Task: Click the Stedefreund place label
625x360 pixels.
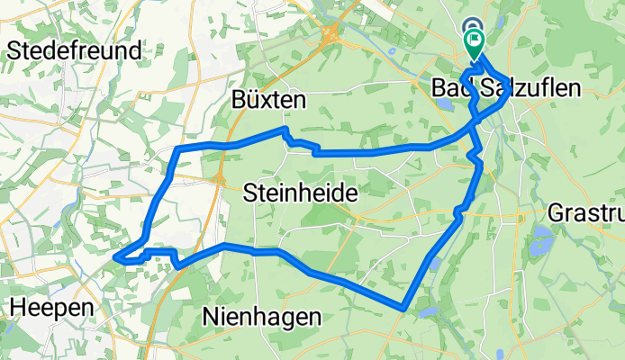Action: pos(74,50)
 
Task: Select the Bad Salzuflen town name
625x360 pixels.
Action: pos(506,87)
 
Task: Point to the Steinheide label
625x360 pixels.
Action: pos(301,193)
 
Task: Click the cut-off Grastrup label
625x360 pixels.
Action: pos(585,214)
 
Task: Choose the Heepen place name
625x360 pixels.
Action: pos(51,308)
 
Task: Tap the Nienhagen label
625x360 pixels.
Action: pos(262,316)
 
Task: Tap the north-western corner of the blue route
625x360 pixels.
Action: pos(178,148)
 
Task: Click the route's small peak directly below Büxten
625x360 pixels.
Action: pos(284,130)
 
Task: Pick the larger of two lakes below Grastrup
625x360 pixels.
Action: pos(543,240)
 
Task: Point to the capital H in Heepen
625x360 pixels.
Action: pos(16,308)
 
